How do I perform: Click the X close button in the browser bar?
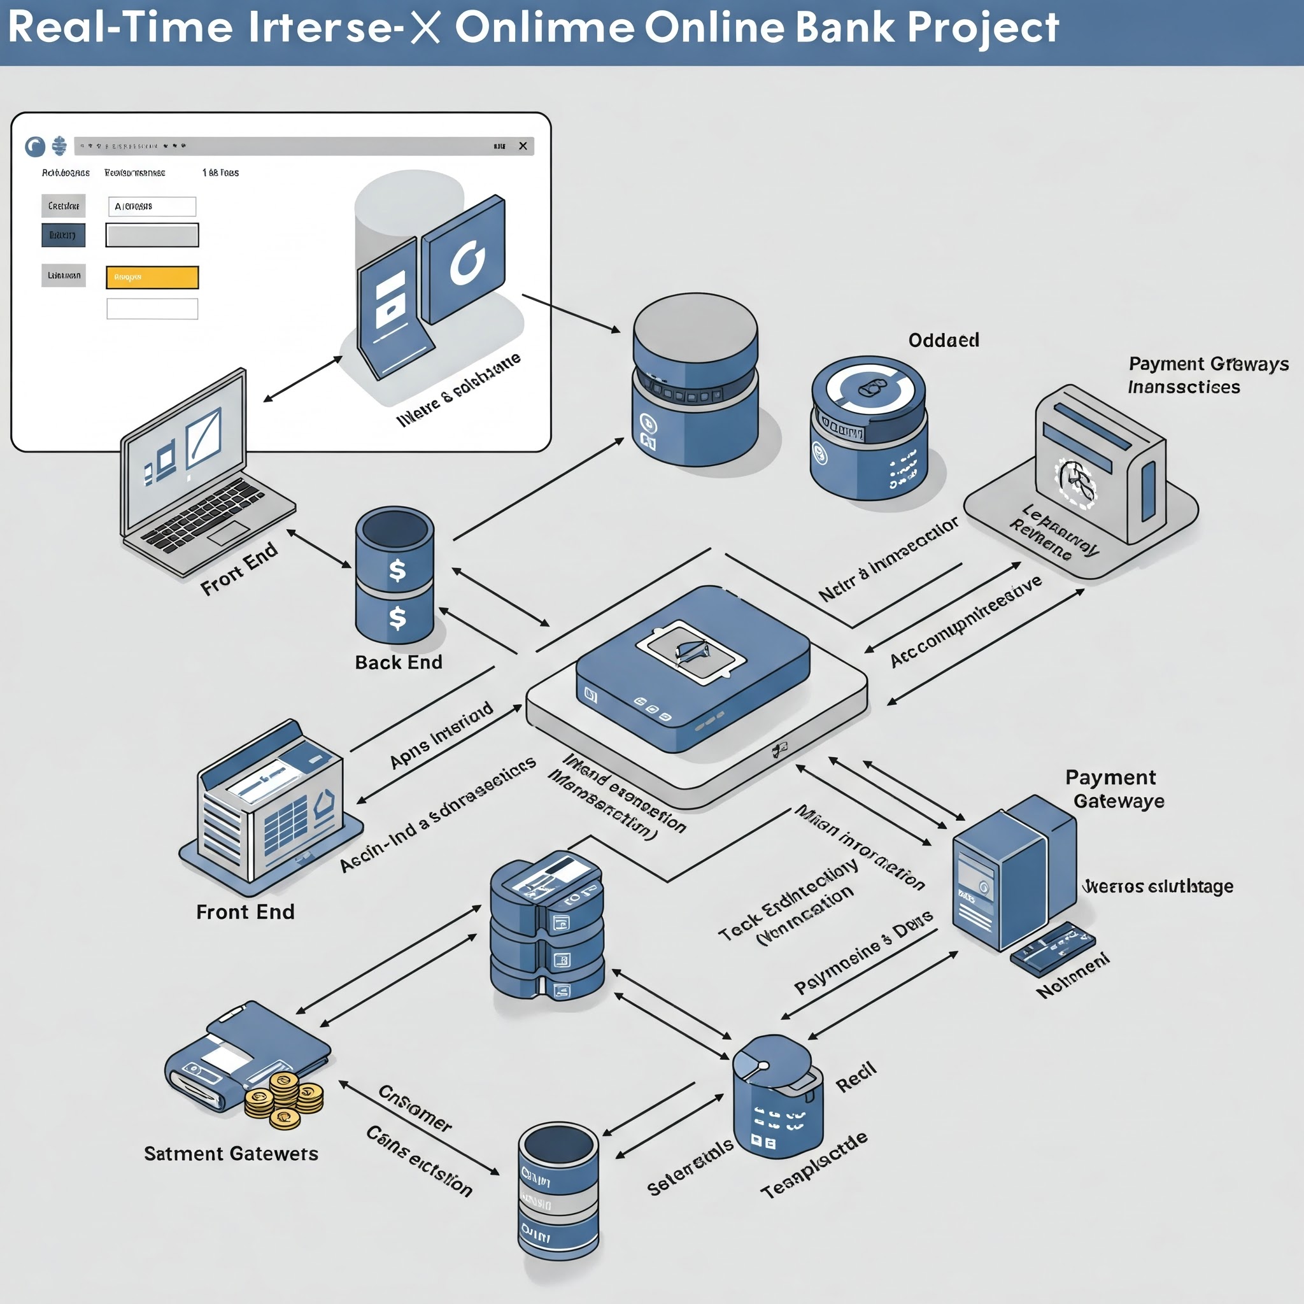522,146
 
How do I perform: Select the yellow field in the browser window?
153,277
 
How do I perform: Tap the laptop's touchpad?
229,532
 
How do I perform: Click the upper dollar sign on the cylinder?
397,570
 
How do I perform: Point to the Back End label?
398,662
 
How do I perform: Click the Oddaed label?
944,340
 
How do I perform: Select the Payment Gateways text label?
1208,364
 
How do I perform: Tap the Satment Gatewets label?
231,1154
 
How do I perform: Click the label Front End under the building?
245,912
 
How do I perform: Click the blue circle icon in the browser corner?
35,146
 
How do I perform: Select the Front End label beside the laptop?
239,569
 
